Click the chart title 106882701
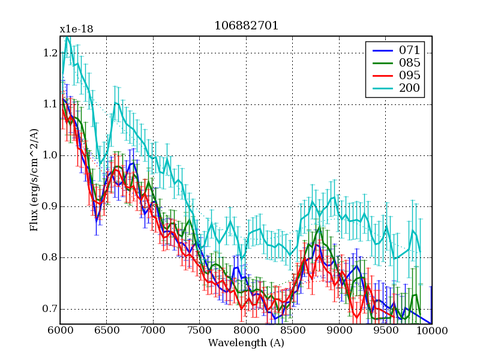[x=246, y=26]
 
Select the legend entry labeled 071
[x=410, y=49]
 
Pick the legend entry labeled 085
[x=410, y=62]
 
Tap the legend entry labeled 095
[x=410, y=76]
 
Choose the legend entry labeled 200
[x=410, y=89]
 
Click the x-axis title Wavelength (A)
[x=246, y=343]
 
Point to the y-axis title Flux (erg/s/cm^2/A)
[x=34, y=180]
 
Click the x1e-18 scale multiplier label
[x=76, y=29]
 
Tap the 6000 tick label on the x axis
[x=60, y=331]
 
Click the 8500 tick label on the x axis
[x=293, y=331]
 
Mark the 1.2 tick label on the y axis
[x=50, y=53]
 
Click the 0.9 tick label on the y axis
[x=50, y=206]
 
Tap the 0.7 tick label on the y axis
[x=50, y=309]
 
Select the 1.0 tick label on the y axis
[x=50, y=155]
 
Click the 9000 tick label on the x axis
[x=339, y=331]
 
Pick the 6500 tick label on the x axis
[x=106, y=331]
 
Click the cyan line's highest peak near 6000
[x=67, y=36]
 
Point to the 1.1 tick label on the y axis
[x=50, y=104]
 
